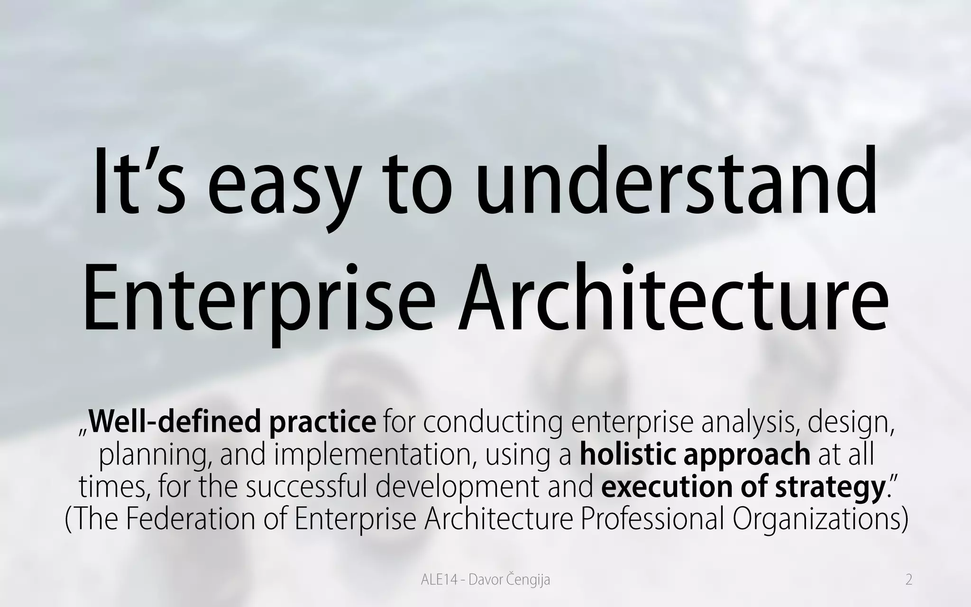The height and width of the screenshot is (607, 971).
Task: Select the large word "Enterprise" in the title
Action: (x=258, y=299)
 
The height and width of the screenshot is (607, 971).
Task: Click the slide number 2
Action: (x=908, y=579)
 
